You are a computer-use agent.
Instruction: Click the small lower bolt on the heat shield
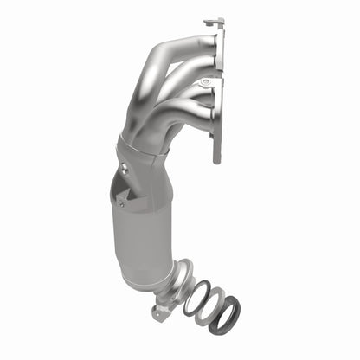[x=122, y=205]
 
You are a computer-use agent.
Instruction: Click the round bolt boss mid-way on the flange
[x=205, y=83]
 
